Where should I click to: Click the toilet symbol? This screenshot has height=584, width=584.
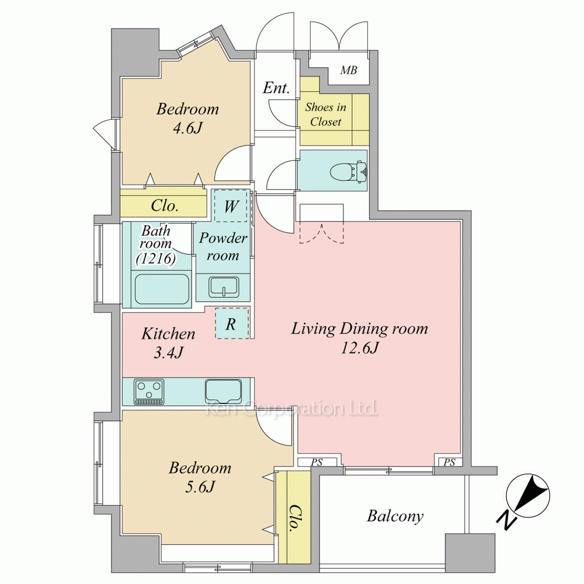348,171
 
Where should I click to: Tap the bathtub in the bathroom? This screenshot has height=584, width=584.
162,290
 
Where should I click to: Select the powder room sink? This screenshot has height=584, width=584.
224,287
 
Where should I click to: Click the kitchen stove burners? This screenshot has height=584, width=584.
149,391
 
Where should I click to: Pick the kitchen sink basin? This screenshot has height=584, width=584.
223,391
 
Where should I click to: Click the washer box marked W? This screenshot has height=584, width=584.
231,206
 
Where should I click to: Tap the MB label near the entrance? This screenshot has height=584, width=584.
349,70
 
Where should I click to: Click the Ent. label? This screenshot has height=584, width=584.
276,88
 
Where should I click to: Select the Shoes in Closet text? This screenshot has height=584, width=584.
325,114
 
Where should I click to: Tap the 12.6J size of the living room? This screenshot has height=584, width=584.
360,348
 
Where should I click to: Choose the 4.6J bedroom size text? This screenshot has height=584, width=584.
187,128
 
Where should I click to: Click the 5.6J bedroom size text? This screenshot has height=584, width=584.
200,487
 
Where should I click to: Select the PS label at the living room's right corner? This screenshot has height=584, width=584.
450,462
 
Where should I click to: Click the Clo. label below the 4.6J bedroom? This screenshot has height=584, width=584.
164,206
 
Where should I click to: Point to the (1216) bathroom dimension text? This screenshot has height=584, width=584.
156,258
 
